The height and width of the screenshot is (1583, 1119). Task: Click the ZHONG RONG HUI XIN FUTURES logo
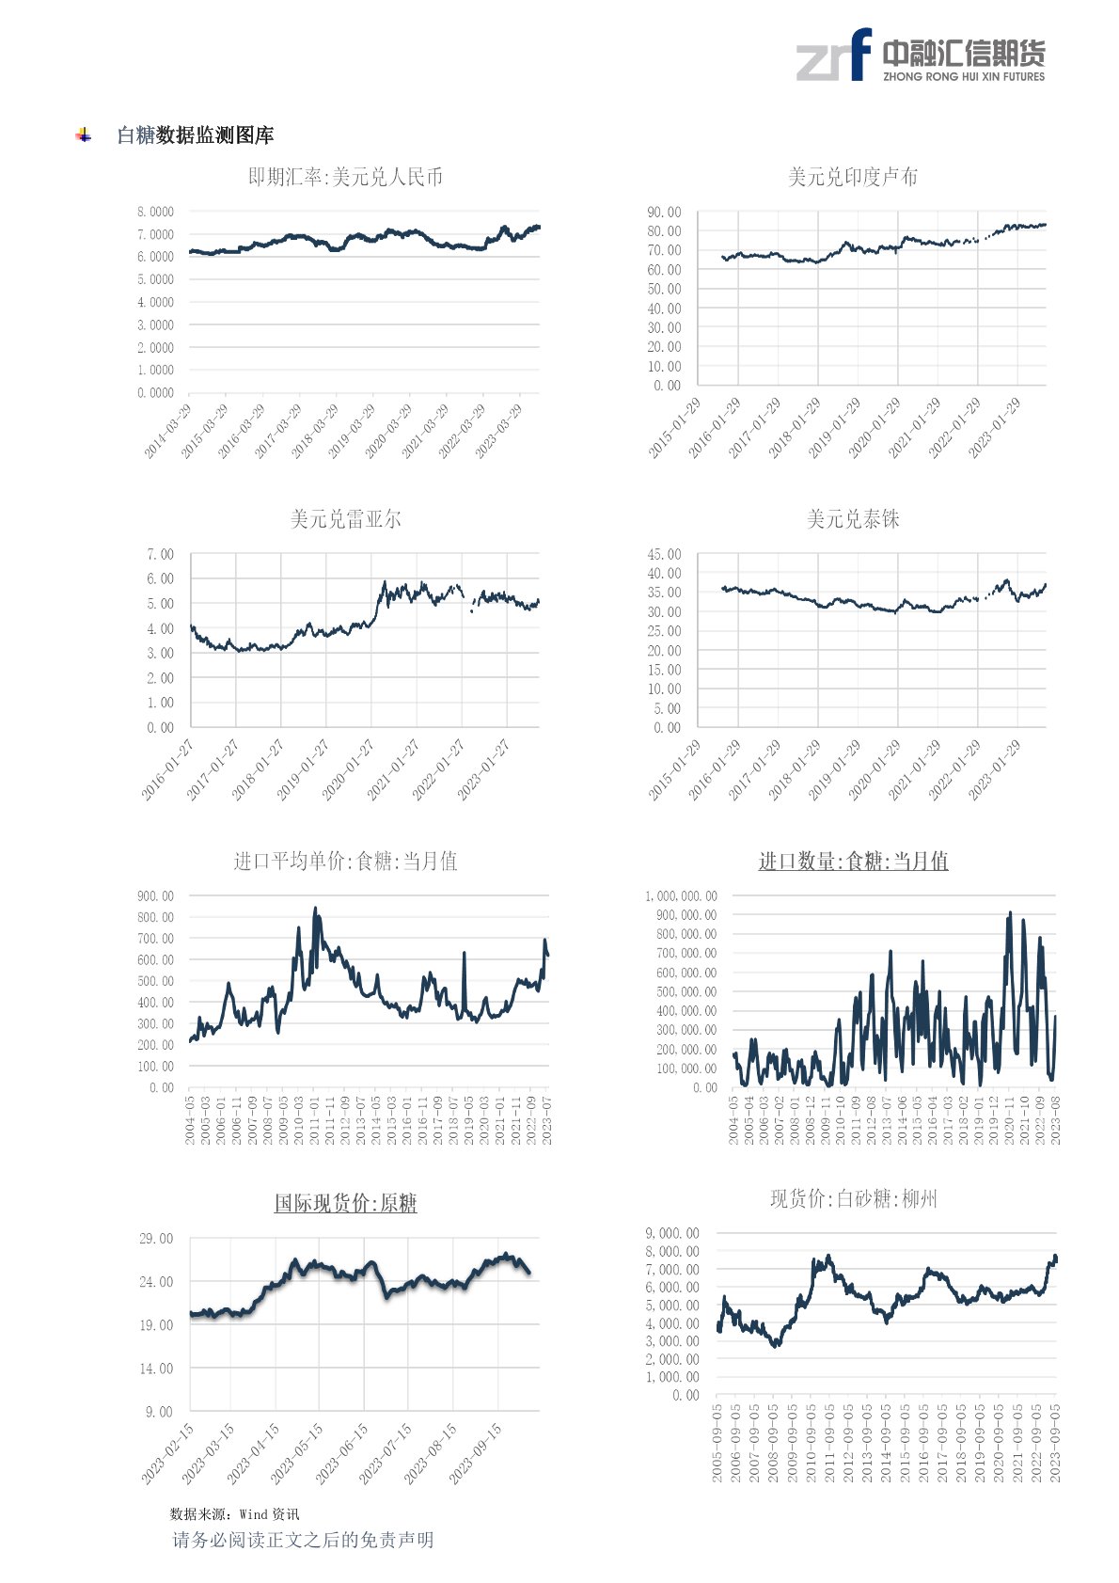tap(920, 55)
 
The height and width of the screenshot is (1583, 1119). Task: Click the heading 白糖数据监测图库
tap(195, 135)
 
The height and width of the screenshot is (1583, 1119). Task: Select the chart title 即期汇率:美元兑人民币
tap(345, 177)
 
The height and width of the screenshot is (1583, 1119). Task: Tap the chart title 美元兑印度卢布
tap(852, 177)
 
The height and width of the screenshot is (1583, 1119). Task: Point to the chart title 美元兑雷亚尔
tap(345, 519)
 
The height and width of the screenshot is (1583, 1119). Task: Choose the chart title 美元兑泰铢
tap(852, 519)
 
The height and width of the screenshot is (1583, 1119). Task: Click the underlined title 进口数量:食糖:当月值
tap(853, 861)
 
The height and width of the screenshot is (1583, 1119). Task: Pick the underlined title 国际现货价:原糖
tap(345, 1203)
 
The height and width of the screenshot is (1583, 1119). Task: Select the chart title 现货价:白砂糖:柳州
tap(853, 1198)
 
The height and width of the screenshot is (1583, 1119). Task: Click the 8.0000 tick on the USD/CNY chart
tap(155, 212)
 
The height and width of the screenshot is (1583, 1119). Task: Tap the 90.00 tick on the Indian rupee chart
tap(664, 213)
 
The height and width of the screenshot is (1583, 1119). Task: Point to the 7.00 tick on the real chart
tap(160, 555)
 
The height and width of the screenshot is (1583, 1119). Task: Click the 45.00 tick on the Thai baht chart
tap(664, 555)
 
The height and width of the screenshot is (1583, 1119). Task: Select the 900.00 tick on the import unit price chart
tap(155, 896)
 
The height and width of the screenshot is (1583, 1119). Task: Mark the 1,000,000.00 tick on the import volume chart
tap(681, 896)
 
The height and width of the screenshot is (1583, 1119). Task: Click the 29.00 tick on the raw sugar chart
tap(156, 1239)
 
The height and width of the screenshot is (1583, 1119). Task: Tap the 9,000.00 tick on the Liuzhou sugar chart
tap(672, 1233)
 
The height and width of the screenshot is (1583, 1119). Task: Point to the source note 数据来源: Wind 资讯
tap(234, 1513)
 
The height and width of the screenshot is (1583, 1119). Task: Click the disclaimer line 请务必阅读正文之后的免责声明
tap(303, 1540)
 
